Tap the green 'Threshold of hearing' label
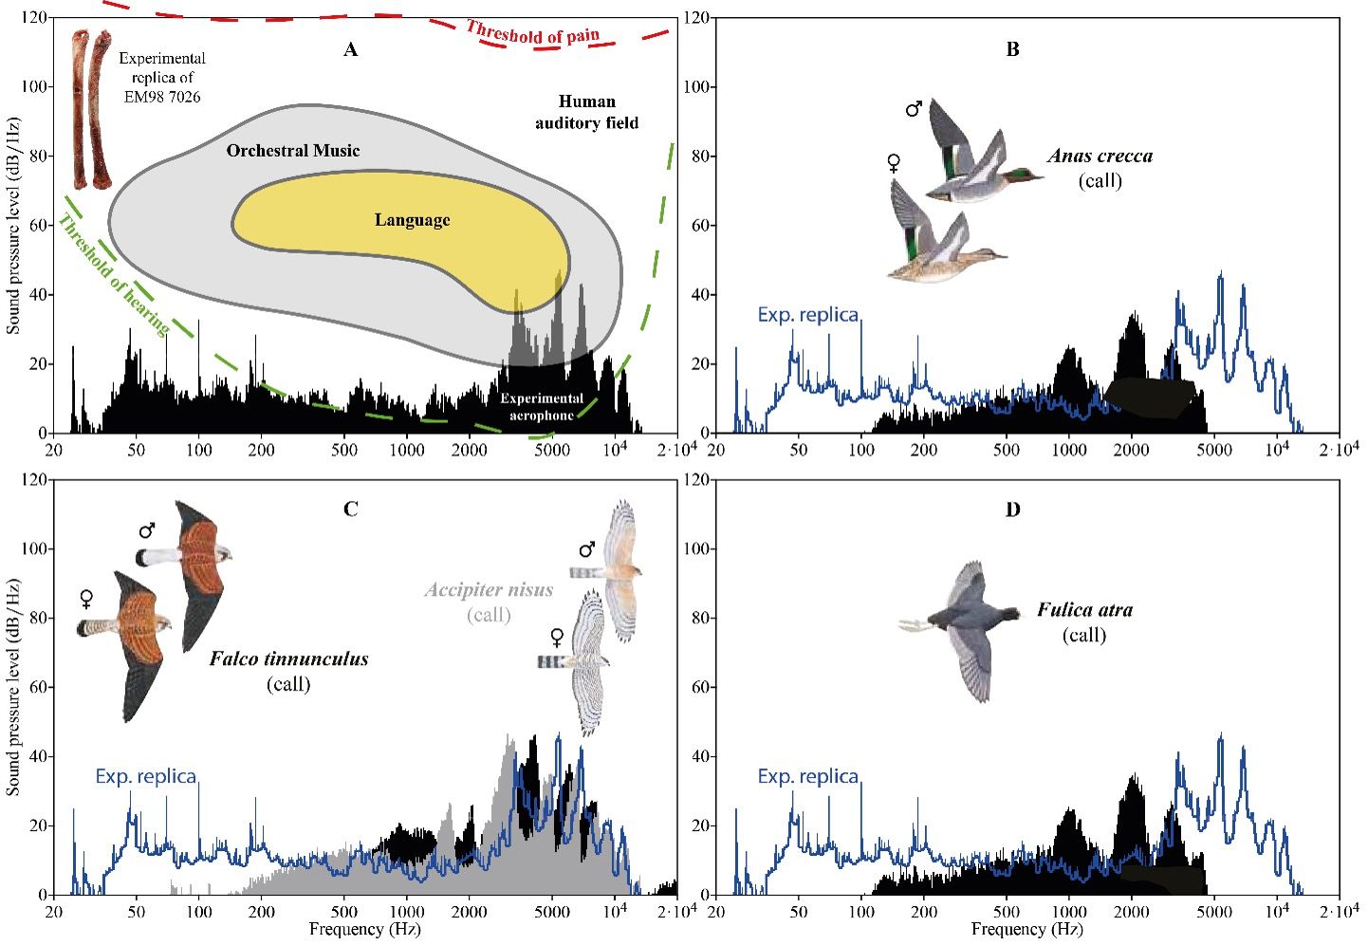[x=114, y=276]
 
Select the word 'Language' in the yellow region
[x=412, y=220]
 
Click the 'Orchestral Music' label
[x=293, y=150]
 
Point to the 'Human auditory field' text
[x=586, y=112]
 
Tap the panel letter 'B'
[x=1012, y=49]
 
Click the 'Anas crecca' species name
[x=1100, y=157]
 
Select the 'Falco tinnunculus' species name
[x=288, y=658]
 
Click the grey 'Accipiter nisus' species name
[x=489, y=590]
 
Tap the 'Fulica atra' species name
[x=1084, y=610]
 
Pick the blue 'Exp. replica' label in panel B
[x=807, y=315]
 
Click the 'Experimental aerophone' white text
[x=542, y=406]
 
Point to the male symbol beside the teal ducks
[x=914, y=109]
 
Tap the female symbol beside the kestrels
[x=86, y=599]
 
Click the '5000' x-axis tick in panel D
[x=1214, y=912]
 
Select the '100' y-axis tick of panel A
[x=37, y=87]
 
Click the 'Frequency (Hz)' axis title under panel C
[x=365, y=930]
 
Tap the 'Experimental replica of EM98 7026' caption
[x=162, y=77]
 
